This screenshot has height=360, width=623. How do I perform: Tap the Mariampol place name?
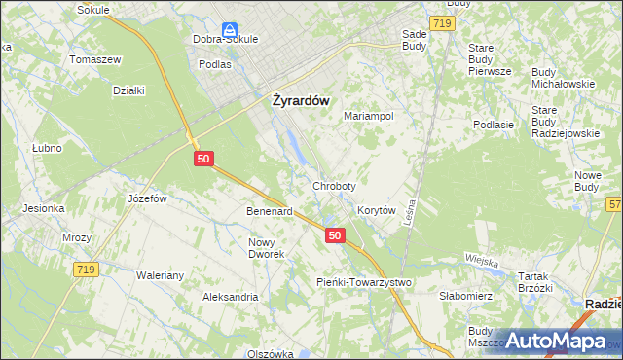(369, 116)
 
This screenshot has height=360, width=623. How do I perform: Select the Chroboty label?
(334, 185)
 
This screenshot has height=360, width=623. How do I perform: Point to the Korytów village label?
(376, 210)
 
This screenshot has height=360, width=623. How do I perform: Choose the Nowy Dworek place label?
(266, 248)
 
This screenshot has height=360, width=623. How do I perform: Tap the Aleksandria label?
(230, 296)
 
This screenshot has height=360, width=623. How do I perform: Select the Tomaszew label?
(94, 59)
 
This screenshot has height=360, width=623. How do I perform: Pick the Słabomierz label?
(467, 295)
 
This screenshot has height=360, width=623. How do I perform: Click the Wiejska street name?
(482, 262)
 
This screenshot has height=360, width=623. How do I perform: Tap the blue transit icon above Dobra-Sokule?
(229, 31)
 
